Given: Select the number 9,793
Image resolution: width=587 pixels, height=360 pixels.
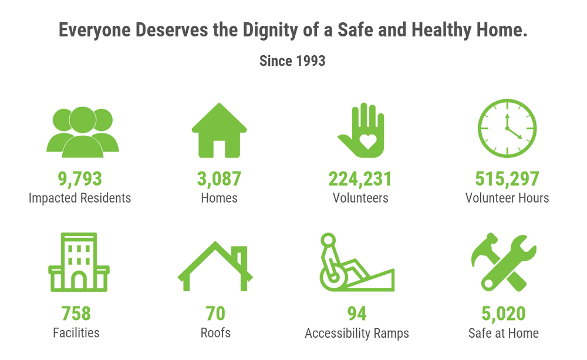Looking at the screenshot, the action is tap(80, 179).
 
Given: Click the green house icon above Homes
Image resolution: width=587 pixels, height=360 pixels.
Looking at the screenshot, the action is tap(220, 130).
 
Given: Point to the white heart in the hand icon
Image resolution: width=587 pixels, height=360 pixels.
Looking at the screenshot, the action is tap(367, 141).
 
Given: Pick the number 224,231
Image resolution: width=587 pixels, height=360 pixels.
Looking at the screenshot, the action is tap(360, 179).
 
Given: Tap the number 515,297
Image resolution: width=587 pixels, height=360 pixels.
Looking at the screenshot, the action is tap(507, 179).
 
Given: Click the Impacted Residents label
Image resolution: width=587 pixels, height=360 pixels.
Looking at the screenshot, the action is tap(80, 198).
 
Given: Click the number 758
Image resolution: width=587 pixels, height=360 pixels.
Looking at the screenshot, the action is tap(76, 314).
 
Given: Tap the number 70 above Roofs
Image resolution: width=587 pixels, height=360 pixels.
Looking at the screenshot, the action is tap(215, 314).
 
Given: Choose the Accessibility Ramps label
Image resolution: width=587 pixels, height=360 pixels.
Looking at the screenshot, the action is tap(357, 333).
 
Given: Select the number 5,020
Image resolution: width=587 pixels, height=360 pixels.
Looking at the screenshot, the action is tap(504, 314).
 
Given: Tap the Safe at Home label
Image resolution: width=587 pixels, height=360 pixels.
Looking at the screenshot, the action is tap(504, 333).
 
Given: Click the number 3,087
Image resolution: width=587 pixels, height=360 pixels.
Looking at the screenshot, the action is tap(220, 179).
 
